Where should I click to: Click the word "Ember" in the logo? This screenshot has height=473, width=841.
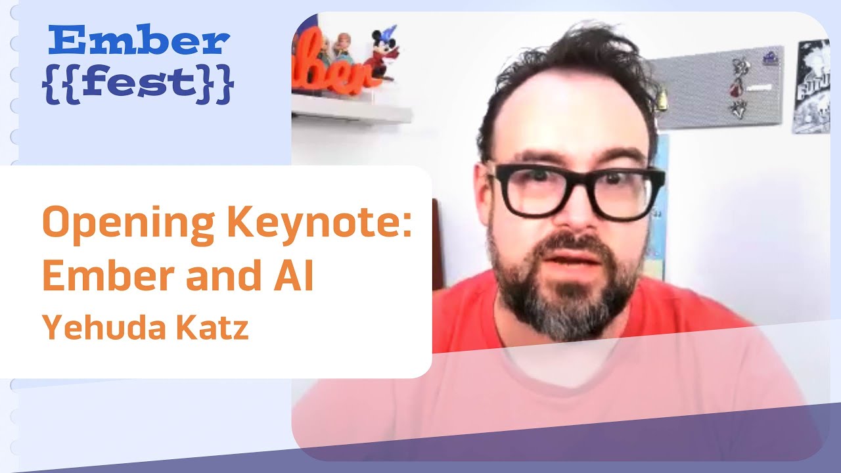point(139,41)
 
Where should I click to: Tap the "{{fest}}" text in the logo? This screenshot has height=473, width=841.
point(137,84)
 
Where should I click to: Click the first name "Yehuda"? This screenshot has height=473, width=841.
point(91,327)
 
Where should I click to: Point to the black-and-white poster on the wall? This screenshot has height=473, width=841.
point(813,85)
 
